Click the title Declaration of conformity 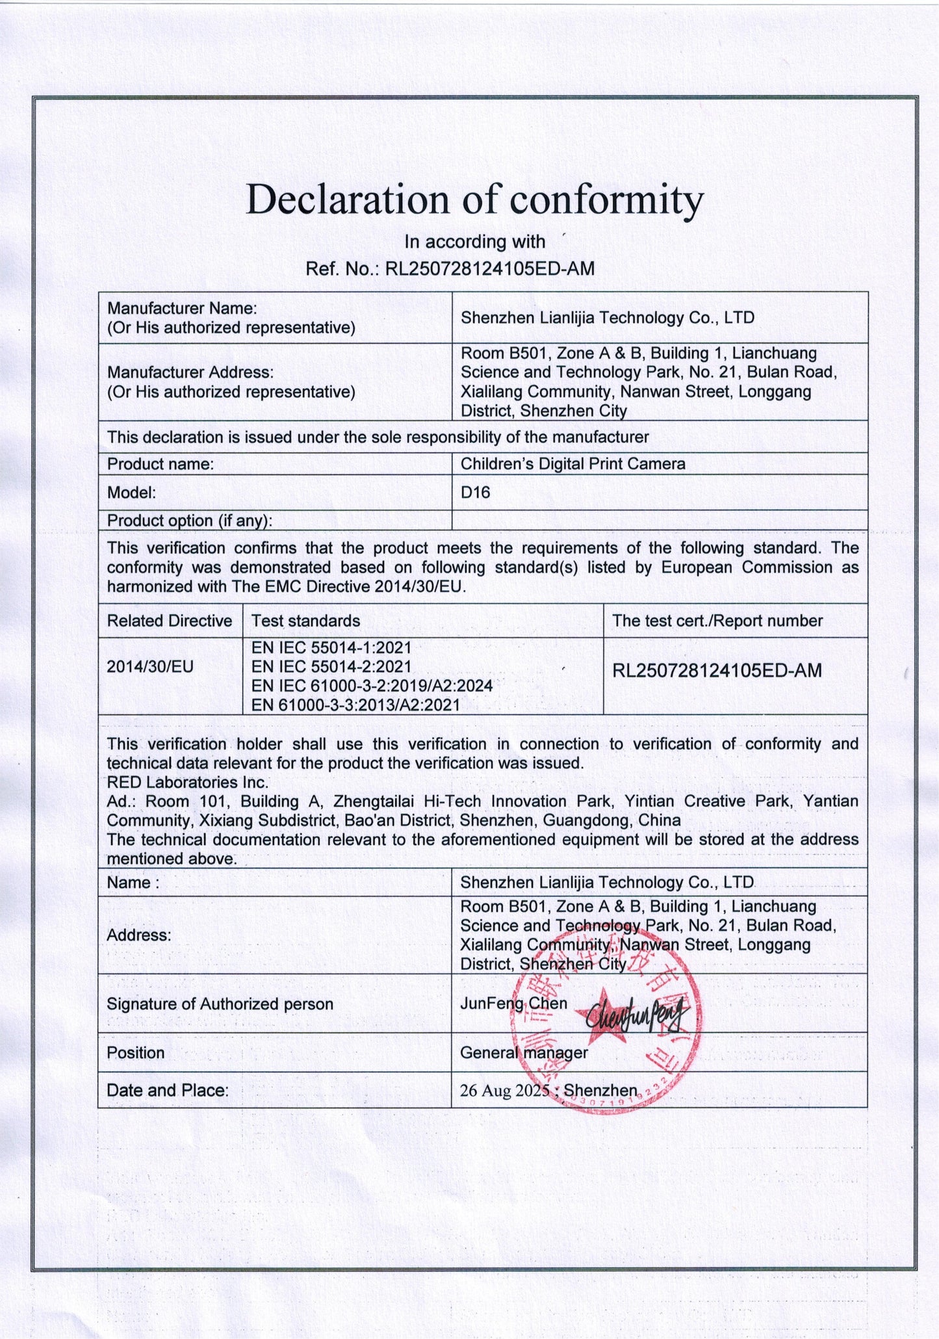474,199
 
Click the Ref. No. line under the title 450,268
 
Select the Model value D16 475,493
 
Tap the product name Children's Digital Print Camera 572,464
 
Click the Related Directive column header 169,621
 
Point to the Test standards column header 305,621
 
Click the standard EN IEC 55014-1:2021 331,647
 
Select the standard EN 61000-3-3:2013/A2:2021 355,705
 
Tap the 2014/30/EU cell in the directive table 150,666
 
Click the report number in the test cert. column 717,670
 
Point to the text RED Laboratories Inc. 187,782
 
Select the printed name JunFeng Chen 513,1004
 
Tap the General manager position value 523,1052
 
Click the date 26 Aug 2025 505,1091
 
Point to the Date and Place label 168,1090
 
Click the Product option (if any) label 189,521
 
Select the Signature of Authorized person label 220,1004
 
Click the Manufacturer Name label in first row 182,307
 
